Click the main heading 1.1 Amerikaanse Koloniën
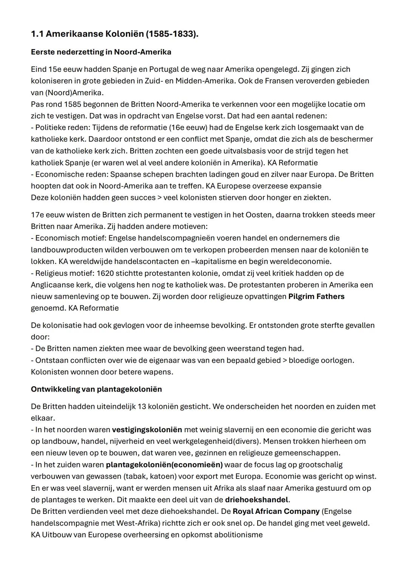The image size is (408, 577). pos(114,34)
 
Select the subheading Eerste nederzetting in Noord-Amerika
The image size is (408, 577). pos(101,52)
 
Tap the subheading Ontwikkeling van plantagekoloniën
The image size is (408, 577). pos(96,389)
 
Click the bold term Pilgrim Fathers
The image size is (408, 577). pos(316,297)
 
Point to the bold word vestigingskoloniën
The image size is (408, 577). pos(147,430)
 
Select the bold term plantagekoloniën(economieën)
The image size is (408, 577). pos(164,465)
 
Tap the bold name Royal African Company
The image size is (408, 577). pos(276,512)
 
